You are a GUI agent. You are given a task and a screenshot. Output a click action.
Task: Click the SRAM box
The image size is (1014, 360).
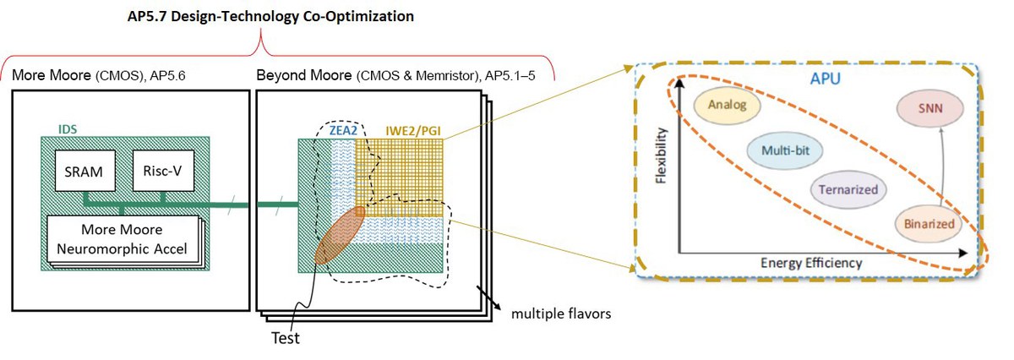tap(85, 171)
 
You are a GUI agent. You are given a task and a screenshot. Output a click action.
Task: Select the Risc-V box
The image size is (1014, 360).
tap(163, 170)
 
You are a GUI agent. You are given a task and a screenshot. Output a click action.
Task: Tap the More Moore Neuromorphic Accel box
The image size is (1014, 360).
tap(123, 239)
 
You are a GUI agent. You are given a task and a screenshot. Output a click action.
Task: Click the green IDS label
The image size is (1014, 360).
tap(68, 129)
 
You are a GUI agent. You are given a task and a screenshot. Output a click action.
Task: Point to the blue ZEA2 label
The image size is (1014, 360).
tap(343, 131)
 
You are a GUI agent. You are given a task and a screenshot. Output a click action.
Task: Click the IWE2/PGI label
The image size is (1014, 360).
tap(413, 131)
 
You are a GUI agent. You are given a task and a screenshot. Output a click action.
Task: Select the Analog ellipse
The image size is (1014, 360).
tap(727, 105)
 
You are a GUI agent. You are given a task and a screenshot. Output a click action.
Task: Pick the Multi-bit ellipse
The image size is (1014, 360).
tap(784, 150)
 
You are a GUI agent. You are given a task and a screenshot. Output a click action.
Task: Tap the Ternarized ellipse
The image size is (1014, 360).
tap(848, 190)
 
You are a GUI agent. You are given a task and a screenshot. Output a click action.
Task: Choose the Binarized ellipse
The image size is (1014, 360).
tap(929, 224)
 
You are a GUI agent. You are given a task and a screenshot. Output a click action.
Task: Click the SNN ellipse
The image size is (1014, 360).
tap(930, 109)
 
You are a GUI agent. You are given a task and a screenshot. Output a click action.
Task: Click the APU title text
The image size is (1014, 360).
tap(826, 79)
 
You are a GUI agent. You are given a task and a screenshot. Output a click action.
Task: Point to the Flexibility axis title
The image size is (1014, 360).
tap(662, 155)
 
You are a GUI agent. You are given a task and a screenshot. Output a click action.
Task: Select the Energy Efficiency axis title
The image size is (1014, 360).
tap(811, 263)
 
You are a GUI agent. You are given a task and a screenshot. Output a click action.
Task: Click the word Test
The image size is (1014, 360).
tap(286, 338)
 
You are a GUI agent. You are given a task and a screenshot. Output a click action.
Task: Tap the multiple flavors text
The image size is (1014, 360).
tap(561, 314)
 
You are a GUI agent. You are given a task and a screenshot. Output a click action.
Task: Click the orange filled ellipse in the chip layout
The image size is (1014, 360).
tap(340, 236)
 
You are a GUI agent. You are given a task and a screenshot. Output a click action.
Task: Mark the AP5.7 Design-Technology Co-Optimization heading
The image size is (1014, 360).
tap(270, 16)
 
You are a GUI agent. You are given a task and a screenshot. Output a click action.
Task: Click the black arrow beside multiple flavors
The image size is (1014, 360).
tap(488, 297)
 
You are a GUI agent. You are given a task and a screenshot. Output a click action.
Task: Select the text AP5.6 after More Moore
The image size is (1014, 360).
tap(167, 75)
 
